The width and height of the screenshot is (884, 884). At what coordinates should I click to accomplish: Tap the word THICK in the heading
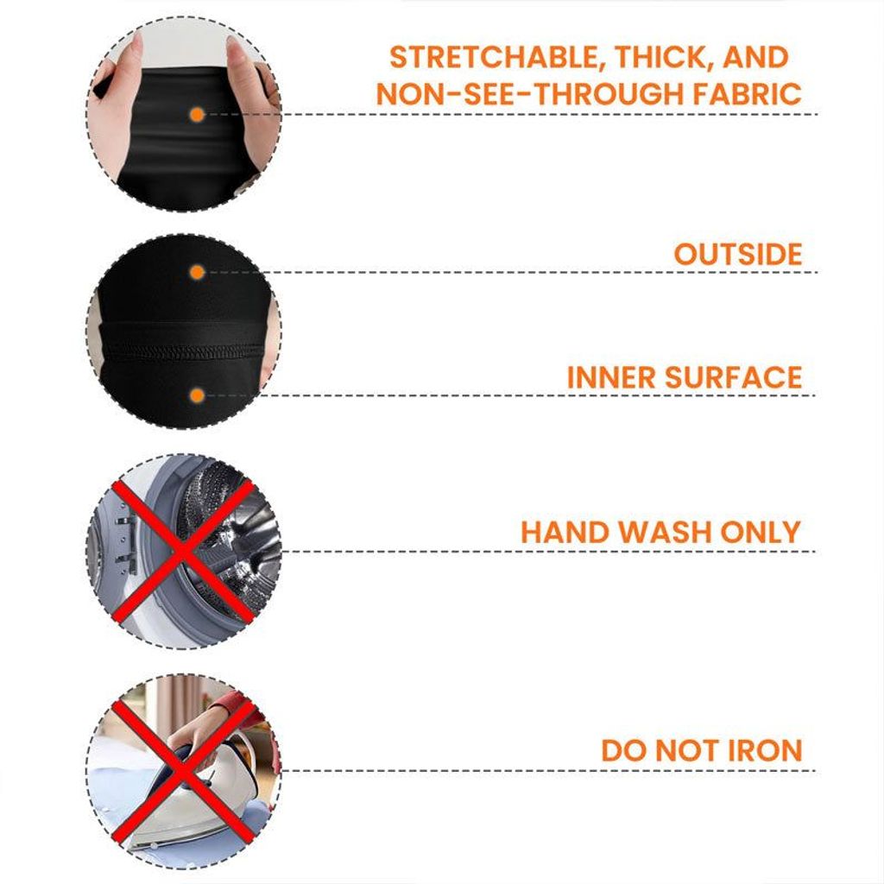[660, 58]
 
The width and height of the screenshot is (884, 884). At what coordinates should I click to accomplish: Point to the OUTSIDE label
[738, 255]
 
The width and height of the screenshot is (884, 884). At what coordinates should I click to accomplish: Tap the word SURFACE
[734, 377]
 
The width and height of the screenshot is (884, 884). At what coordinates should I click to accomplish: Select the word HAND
[565, 532]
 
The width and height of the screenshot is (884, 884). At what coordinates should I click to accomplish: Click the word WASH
[664, 532]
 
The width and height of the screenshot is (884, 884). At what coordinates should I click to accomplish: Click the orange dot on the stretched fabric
[197, 115]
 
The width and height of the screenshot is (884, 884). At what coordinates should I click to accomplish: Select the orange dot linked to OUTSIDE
[197, 273]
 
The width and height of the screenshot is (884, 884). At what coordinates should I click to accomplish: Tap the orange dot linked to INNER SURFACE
[197, 395]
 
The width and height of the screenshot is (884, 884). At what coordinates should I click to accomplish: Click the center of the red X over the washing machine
[183, 551]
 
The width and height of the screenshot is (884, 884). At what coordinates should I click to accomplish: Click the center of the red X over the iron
[183, 770]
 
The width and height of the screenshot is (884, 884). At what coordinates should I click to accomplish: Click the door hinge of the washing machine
[125, 539]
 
